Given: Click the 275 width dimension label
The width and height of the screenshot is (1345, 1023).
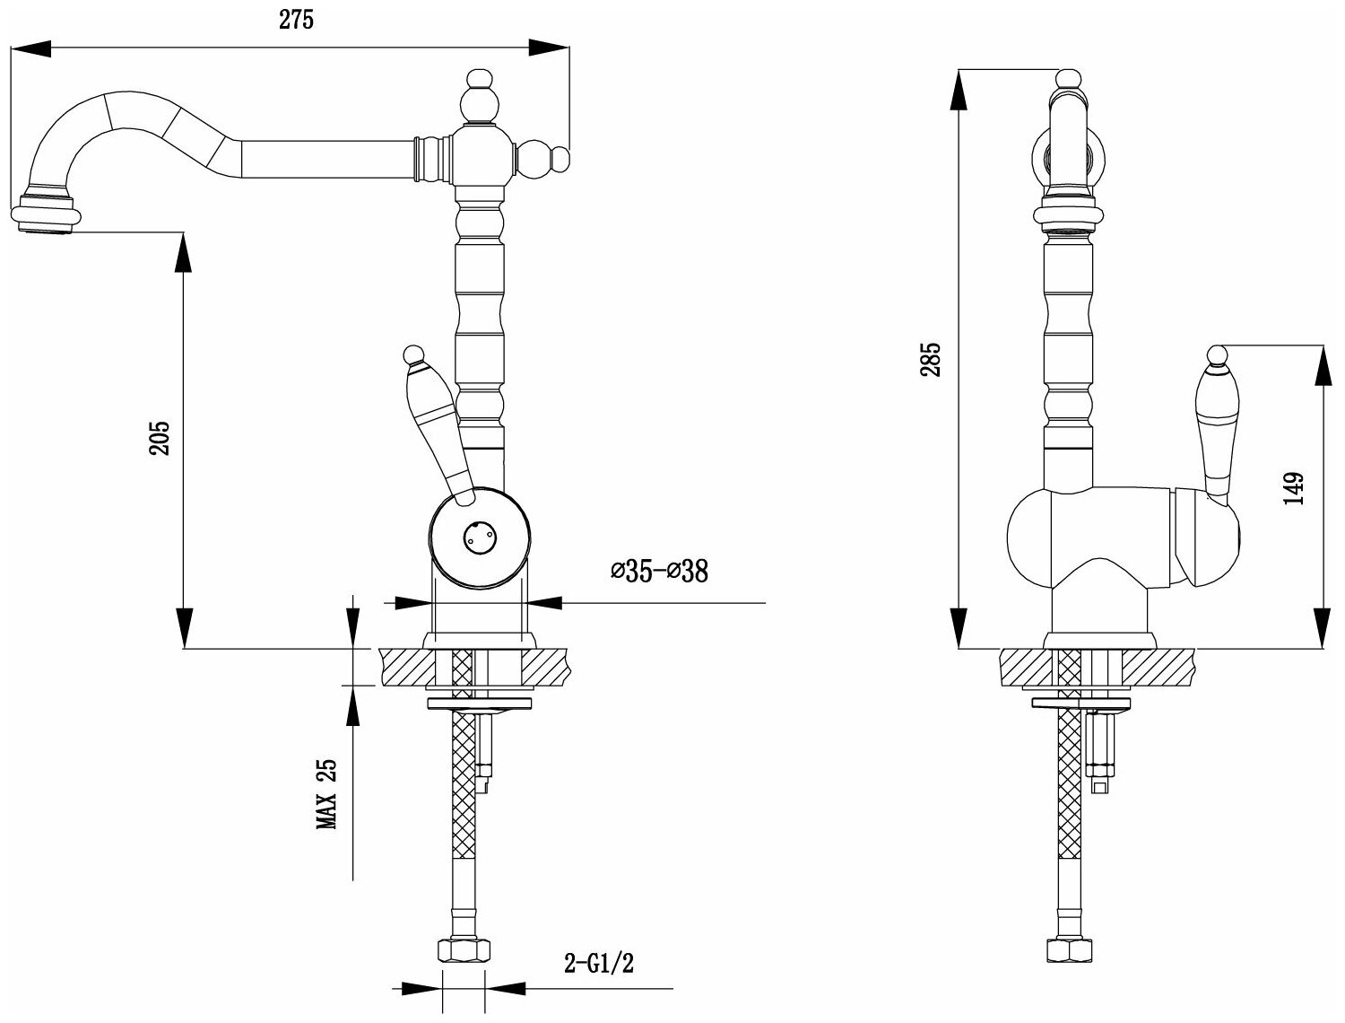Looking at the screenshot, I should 296,21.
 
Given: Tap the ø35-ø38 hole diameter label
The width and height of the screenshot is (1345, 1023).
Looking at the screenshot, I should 659,571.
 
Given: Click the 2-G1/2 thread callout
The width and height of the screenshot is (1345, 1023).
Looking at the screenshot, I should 599,965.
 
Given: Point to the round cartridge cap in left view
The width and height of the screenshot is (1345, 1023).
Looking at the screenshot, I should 477,538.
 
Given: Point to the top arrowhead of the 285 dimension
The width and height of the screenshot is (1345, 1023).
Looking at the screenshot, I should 959,85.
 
